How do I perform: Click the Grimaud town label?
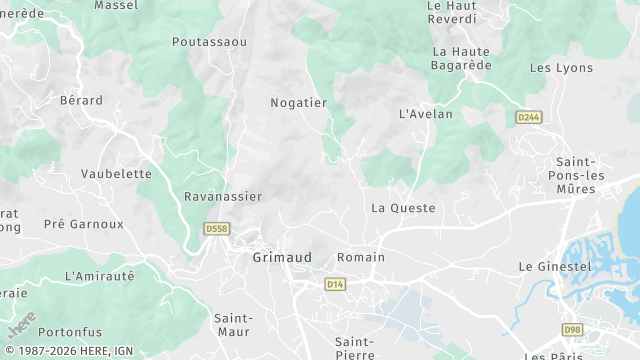(x=281, y=257)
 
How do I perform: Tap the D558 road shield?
(x=216, y=229)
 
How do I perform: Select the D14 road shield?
(x=335, y=285)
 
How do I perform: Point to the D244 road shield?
(x=529, y=117)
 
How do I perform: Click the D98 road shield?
(x=572, y=329)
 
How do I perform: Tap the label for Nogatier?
(x=299, y=102)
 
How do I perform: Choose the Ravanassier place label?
(x=223, y=197)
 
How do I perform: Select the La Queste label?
(x=403, y=208)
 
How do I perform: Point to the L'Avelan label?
(x=426, y=114)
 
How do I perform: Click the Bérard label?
(x=82, y=100)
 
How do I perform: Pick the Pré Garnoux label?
(x=84, y=224)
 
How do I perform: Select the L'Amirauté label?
(x=99, y=275)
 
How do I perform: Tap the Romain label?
(x=361, y=257)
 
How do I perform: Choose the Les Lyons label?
(x=561, y=68)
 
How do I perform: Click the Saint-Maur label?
(x=233, y=324)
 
